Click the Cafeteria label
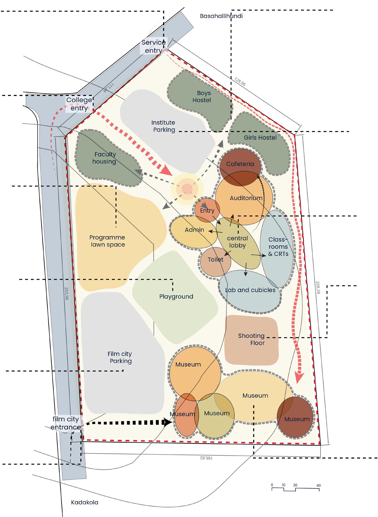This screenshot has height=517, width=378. (240, 164)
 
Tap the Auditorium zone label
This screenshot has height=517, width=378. (246, 198)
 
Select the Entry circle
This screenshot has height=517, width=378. (207, 210)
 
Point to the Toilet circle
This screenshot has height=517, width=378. (216, 260)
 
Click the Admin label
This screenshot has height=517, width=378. (194, 230)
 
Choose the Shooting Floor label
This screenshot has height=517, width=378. (251, 339)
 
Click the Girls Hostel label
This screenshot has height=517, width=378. (260, 137)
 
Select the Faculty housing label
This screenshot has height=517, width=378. (104, 158)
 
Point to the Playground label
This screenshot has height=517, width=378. (176, 297)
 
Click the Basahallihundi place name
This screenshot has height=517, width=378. (221, 16)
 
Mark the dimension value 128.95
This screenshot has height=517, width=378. (240, 82)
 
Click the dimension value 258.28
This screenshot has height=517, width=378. (318, 287)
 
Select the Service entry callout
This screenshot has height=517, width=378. (153, 46)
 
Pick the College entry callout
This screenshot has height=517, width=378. (79, 104)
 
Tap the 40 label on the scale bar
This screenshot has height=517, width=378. (318, 485)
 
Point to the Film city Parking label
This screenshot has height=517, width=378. (120, 357)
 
